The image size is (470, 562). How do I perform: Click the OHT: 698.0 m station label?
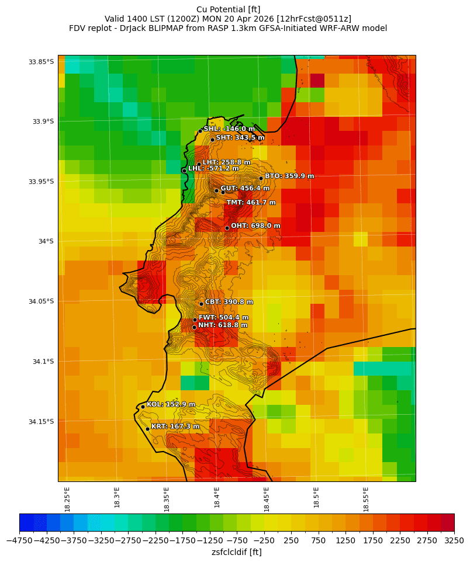(255, 226)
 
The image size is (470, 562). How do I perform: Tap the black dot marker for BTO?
(261, 178)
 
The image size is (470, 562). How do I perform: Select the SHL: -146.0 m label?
(229, 129)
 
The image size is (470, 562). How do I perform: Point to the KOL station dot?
(143, 407)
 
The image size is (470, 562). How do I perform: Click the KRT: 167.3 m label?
(175, 427)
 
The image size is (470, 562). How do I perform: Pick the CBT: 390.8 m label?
(229, 302)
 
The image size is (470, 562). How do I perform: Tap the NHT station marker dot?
(194, 327)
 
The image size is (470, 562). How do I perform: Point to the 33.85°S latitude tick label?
(41, 62)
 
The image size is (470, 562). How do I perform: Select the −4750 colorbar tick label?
(19, 541)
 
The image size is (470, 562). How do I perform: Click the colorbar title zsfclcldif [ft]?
(236, 552)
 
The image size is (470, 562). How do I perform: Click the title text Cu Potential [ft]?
(228, 9)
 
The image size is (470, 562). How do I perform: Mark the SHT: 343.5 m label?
(240, 138)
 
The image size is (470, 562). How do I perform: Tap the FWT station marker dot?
(195, 320)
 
